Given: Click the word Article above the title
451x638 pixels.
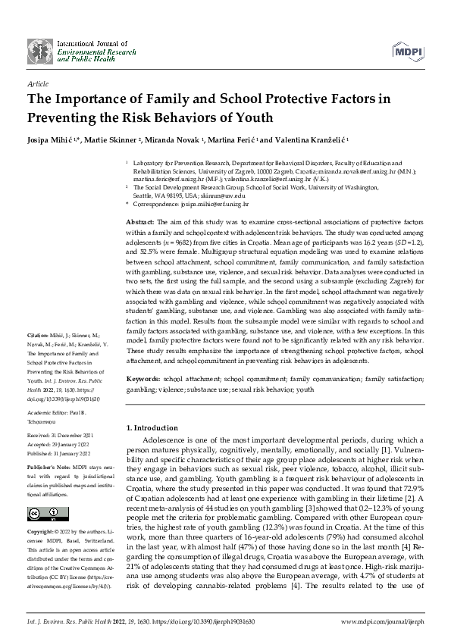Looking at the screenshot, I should pos(38,84).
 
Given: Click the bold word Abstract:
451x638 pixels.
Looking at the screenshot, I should pos(141,217).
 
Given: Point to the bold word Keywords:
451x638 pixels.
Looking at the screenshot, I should pos(143,377).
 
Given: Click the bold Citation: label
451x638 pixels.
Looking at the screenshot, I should pos(39,356).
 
